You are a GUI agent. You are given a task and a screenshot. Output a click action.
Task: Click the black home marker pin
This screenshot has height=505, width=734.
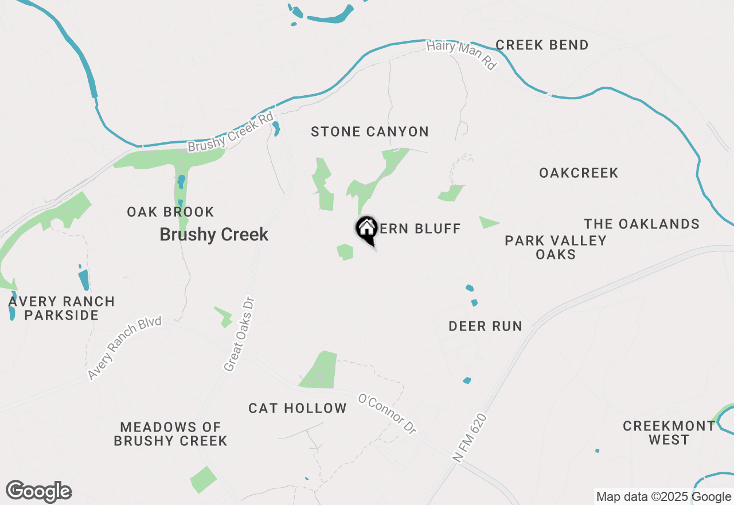click(366, 230)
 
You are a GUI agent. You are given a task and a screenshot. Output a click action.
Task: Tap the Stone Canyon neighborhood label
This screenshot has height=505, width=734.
click(370, 132)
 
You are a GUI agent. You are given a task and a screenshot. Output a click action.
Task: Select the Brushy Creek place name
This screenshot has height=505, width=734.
click(214, 235)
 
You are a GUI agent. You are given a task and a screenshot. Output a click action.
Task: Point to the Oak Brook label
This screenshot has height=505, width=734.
click(170, 212)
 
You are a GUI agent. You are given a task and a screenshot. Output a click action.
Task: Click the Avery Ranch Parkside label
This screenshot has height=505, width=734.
click(62, 308)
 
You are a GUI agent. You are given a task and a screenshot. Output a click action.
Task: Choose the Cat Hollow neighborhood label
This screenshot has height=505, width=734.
click(298, 409)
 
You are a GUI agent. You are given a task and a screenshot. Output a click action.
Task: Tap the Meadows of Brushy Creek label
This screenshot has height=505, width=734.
click(170, 434)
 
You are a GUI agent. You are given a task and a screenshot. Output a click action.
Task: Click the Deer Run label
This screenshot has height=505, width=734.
click(485, 327)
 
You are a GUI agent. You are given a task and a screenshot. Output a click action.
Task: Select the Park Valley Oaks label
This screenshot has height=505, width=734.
click(556, 247)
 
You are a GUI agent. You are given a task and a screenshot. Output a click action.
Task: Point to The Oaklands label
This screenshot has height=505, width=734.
click(642, 224)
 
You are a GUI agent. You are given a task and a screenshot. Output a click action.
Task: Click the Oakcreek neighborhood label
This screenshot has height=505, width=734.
click(579, 173)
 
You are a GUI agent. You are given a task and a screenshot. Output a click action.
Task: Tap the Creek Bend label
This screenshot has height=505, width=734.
click(542, 45)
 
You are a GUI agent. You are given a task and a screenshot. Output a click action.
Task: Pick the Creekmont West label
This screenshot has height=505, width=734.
click(669, 433)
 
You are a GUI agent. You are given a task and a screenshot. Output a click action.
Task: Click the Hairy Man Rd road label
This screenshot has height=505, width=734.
click(462, 55)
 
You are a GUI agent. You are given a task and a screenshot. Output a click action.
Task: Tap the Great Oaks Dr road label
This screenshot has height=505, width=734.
click(239, 334)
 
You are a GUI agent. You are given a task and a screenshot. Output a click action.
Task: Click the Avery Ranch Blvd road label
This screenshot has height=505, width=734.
click(125, 347)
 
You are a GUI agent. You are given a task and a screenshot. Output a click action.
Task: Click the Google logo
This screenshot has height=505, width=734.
click(39, 492)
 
